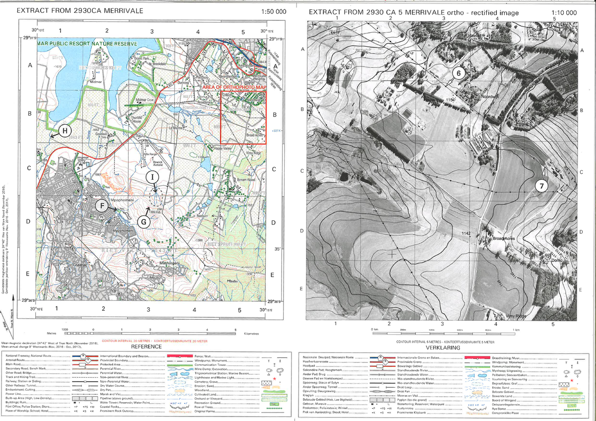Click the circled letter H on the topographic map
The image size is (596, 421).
click(x=66, y=131)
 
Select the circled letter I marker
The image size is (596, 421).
click(x=153, y=176)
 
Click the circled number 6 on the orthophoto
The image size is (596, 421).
click(x=459, y=73)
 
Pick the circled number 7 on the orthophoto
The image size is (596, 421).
click(x=542, y=186)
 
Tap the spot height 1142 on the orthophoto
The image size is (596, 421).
click(x=465, y=233)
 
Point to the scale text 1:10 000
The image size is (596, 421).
click(x=564, y=12)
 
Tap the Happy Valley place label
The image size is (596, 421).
click(x=222, y=148)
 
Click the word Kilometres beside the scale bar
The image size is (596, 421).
click(x=251, y=334)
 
